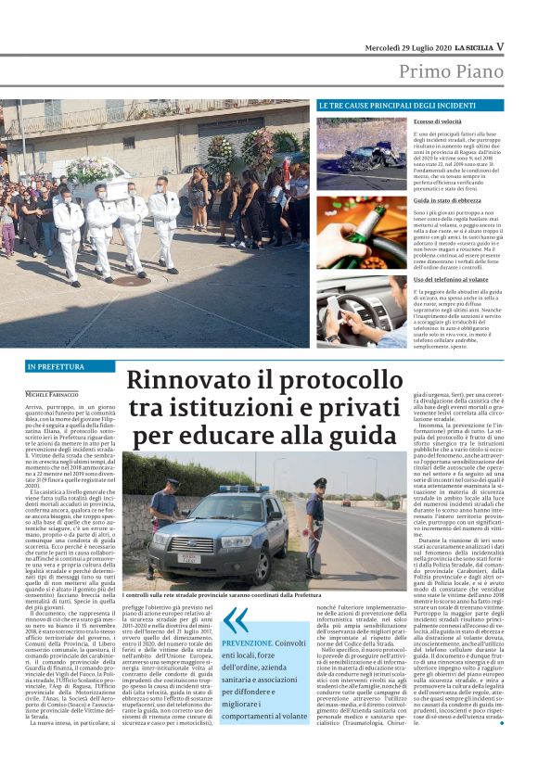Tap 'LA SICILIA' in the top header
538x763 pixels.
pos(470,45)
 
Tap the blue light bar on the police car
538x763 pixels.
pos(243,489)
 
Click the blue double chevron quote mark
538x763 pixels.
pos(236,620)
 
